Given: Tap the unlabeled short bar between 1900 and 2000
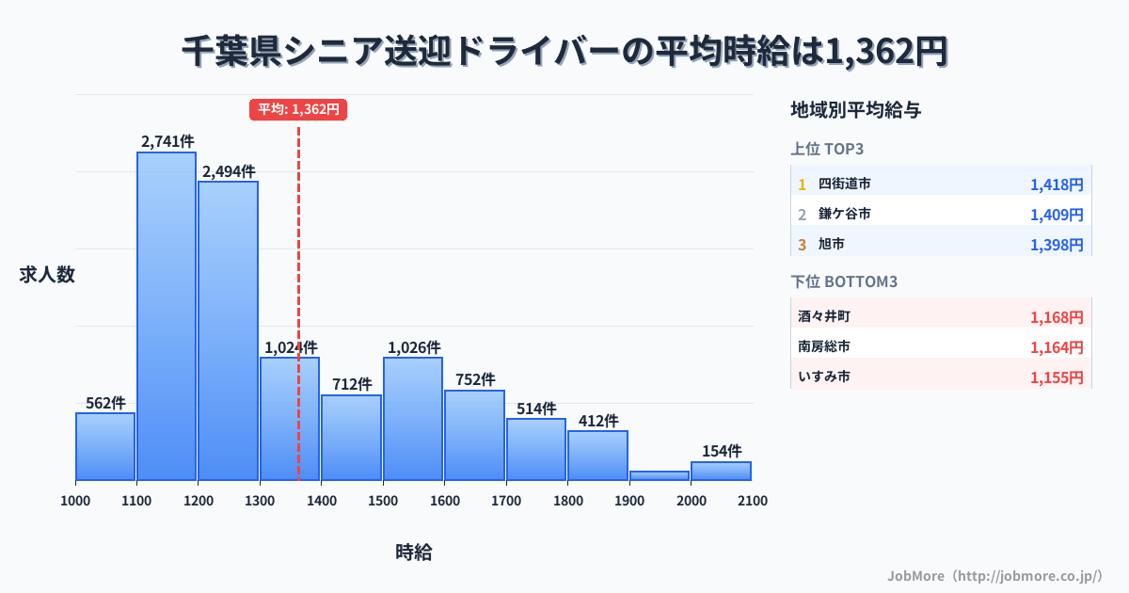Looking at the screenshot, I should (659, 475).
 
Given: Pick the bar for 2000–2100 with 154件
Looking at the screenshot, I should (721, 471).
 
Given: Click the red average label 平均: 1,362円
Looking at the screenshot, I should (298, 109).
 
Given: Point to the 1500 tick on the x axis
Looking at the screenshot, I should (382, 501).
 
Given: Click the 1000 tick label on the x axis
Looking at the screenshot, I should (75, 501).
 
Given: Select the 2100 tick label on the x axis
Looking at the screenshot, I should (752, 501).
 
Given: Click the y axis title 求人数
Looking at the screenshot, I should (47, 275).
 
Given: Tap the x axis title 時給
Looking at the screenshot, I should (414, 553).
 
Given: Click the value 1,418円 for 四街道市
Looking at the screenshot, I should (1057, 184).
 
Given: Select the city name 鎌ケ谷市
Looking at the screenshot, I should (844, 214).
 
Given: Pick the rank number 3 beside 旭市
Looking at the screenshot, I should (803, 244).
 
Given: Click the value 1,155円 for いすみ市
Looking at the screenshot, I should (1057, 377).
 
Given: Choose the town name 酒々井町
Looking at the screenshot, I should (824, 316).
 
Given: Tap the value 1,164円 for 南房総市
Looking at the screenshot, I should (1057, 346).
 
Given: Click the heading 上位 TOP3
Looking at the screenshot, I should (827, 149).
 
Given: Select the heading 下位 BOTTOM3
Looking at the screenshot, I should (843, 281).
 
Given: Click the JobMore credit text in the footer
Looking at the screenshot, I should (994, 575).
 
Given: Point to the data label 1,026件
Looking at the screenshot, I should (412, 347).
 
